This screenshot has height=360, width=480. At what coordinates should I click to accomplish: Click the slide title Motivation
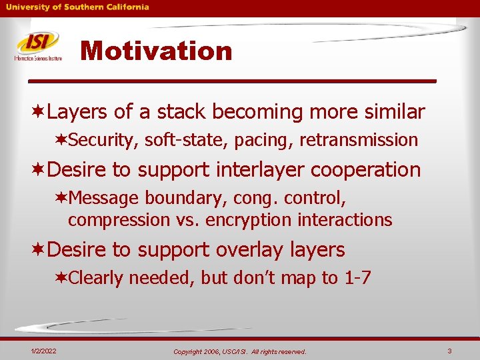[x=156, y=51]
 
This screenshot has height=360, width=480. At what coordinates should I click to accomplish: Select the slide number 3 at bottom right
[x=450, y=351]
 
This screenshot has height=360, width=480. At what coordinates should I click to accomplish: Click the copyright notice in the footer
[x=239, y=351]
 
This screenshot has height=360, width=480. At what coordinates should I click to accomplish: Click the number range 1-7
[x=357, y=277]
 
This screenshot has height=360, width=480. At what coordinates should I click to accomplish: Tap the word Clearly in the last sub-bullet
[x=96, y=277]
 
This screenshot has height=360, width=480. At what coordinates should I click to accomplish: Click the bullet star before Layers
[x=39, y=112]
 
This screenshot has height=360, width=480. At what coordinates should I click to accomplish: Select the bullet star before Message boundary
[x=61, y=199]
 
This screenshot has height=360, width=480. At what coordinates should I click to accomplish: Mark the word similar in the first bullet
[x=394, y=112]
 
